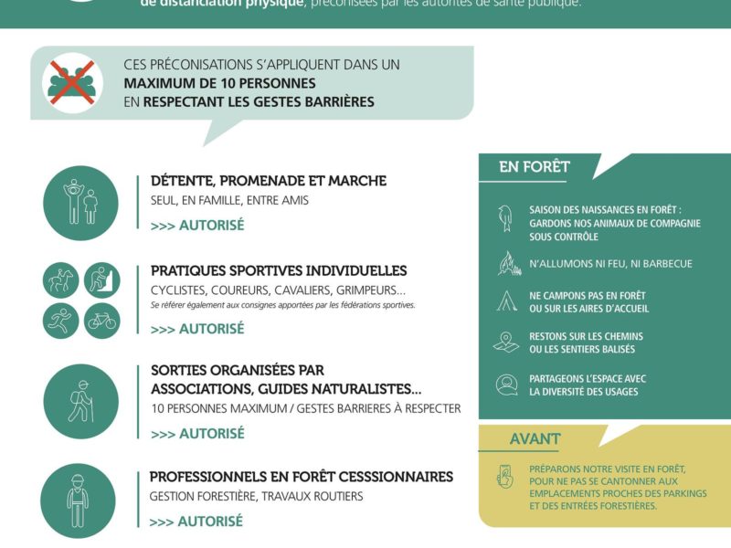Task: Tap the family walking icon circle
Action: (80, 203)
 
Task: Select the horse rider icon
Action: (61, 280)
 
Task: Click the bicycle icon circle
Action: (101, 321)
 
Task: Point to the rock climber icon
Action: (101, 280)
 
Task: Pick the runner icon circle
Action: (61, 321)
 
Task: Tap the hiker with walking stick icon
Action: (80, 401)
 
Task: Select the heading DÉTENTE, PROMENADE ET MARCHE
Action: (268, 181)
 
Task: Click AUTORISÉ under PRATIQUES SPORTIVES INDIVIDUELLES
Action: (197, 329)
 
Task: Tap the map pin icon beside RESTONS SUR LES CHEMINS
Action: (505, 342)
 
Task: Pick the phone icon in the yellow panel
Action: (504, 476)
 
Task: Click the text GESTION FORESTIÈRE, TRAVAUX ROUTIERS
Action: (256, 496)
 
